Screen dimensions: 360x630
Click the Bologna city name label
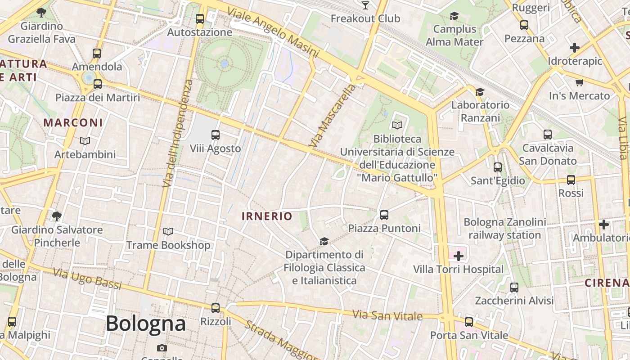pyautogui.click(x=145, y=324)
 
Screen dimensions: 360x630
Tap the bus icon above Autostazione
pyautogui.click(x=200, y=19)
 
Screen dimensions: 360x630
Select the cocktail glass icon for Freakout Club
pyautogui.click(x=365, y=5)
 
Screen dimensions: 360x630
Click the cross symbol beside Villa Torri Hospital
pyautogui.click(x=459, y=256)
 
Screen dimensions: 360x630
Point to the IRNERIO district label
pyautogui.click(x=267, y=216)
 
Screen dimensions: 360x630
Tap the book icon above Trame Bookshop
pyautogui.click(x=168, y=232)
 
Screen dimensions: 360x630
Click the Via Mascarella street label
pyautogui.click(x=332, y=116)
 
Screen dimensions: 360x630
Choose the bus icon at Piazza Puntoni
pyautogui.click(x=384, y=215)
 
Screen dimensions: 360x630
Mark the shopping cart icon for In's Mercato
pyautogui.click(x=580, y=82)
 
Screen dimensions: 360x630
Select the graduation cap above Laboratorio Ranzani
pyautogui.click(x=480, y=92)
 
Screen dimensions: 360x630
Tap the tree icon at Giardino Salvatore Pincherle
pyautogui.click(x=57, y=216)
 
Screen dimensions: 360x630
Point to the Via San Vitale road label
pyautogui.click(x=387, y=315)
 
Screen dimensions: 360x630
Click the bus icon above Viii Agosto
pyautogui.click(x=216, y=135)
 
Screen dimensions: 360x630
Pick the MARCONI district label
pyautogui.click(x=73, y=122)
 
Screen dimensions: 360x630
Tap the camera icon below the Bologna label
pyautogui.click(x=162, y=348)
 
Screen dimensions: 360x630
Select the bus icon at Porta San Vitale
pyautogui.click(x=469, y=322)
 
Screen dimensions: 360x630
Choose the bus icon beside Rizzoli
pyautogui.click(x=216, y=308)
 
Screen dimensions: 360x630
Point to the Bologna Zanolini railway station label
pyautogui.click(x=505, y=229)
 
